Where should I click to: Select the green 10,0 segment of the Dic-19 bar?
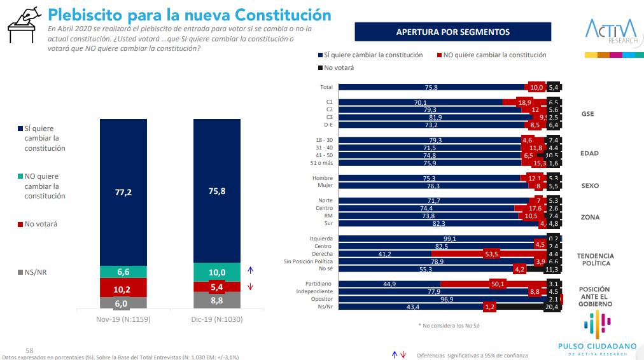[x=217, y=272]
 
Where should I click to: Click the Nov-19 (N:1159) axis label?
[x=123, y=319]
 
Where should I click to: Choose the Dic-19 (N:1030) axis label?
[x=217, y=319]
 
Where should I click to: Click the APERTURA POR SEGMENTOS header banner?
[x=452, y=32]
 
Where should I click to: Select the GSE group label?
[x=587, y=114]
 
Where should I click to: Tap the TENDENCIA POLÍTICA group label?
[x=594, y=259]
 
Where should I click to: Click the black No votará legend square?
[x=319, y=67]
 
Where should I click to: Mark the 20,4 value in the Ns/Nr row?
[x=553, y=307]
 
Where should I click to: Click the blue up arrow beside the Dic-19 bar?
[x=251, y=270]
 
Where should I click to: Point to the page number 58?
[x=29, y=349]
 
